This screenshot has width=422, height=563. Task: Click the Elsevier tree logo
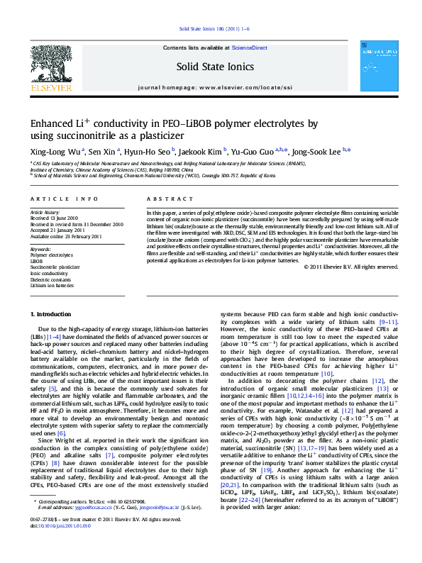[50, 67]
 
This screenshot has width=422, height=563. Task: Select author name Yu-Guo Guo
[264, 150]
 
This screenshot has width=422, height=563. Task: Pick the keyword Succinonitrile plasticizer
[55, 267]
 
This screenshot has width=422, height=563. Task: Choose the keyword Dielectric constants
[51, 279]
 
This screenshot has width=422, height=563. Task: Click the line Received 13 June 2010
[55, 218]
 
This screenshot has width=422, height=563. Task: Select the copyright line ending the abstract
[351, 267]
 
